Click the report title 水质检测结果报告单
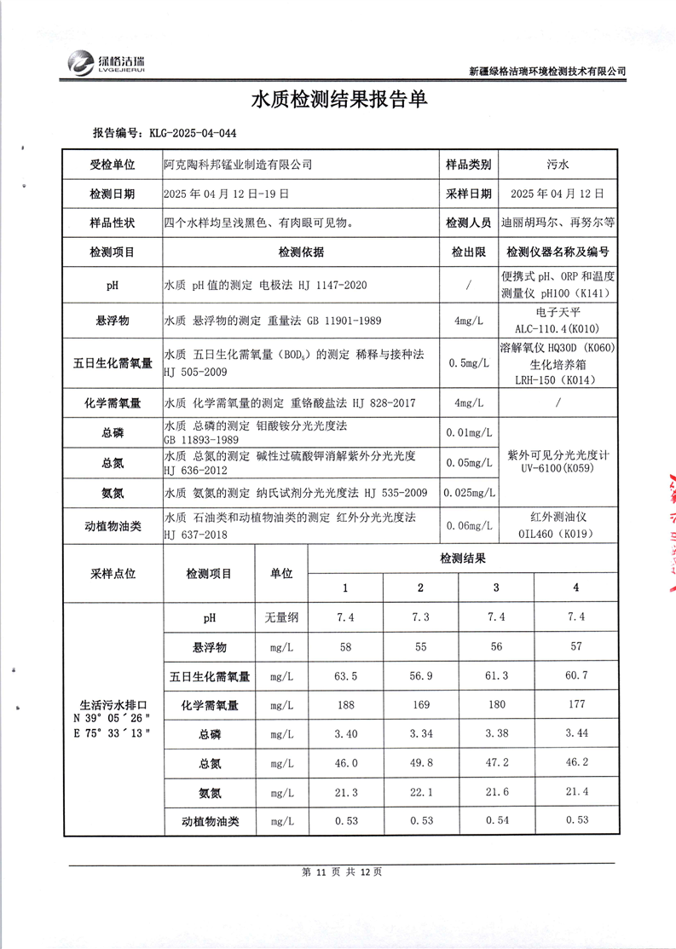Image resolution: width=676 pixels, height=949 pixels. [x=338, y=100]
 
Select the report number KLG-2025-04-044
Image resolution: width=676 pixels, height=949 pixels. [x=194, y=134]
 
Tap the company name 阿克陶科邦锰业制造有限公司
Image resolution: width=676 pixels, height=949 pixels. [x=238, y=164]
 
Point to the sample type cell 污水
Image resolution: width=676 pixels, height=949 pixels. [x=558, y=164]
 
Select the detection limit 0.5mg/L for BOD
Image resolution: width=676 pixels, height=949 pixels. [x=468, y=362]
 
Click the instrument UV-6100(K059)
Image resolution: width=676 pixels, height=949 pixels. [x=558, y=468]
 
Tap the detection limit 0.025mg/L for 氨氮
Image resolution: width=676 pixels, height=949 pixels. [x=468, y=492]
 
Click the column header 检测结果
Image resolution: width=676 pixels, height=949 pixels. [x=462, y=559]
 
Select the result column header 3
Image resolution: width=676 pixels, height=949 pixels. [x=496, y=587]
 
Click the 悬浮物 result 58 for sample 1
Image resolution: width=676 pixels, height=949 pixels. [x=345, y=647]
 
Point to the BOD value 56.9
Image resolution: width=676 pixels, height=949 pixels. [x=420, y=676]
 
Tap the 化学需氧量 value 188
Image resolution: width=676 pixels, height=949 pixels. [x=345, y=705]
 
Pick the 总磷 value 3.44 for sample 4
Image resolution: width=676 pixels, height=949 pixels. [x=576, y=733]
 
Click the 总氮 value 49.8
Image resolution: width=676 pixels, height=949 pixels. [x=420, y=763]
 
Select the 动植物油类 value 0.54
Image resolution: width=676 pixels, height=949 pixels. [x=496, y=821]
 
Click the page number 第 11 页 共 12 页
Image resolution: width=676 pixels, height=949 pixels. [x=338, y=872]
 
